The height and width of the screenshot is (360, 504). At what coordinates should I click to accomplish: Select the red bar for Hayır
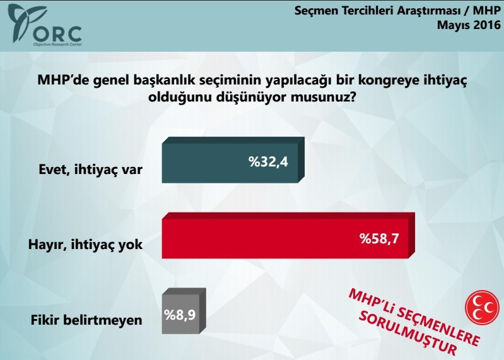(x=287, y=238)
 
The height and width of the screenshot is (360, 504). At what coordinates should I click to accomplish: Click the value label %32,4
(x=268, y=163)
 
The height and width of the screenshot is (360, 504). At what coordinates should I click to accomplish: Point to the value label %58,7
(x=380, y=239)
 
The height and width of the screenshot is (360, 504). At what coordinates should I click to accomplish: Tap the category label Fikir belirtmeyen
(x=86, y=320)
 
